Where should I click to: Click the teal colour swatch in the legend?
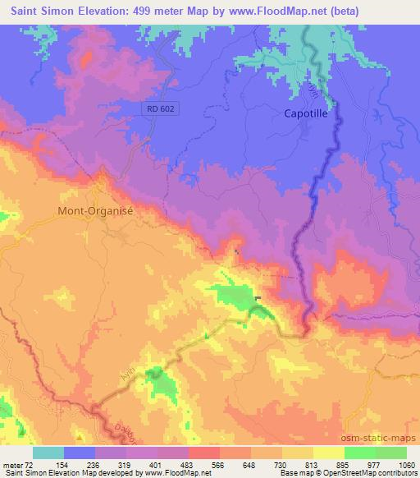click(48, 453)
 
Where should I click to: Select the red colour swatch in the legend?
click(204, 453)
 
